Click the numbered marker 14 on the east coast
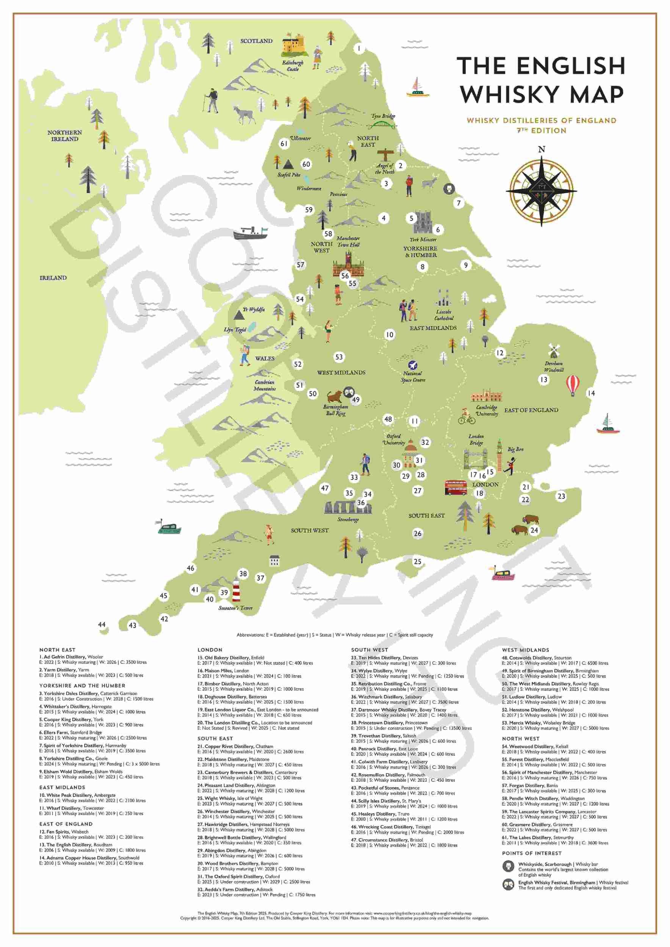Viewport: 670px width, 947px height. (x=591, y=393)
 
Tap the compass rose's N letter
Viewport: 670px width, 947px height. (x=541, y=149)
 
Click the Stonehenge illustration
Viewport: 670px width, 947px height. (x=348, y=507)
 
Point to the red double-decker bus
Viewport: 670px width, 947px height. (x=456, y=487)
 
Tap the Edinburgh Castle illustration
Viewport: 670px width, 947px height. (x=294, y=46)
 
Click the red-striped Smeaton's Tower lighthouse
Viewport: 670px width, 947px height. (x=236, y=591)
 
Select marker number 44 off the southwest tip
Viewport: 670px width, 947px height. (x=102, y=625)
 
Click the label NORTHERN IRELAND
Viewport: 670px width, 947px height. (x=64, y=136)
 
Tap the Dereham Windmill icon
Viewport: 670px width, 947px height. (x=553, y=351)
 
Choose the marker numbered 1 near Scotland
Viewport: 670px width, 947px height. (x=359, y=48)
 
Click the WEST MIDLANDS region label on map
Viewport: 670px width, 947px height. (x=341, y=372)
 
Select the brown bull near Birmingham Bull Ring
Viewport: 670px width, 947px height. (x=335, y=396)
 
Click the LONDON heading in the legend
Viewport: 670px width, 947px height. (x=210, y=650)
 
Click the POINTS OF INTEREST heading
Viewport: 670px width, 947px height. (x=531, y=853)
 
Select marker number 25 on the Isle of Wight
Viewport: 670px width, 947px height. (x=418, y=561)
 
